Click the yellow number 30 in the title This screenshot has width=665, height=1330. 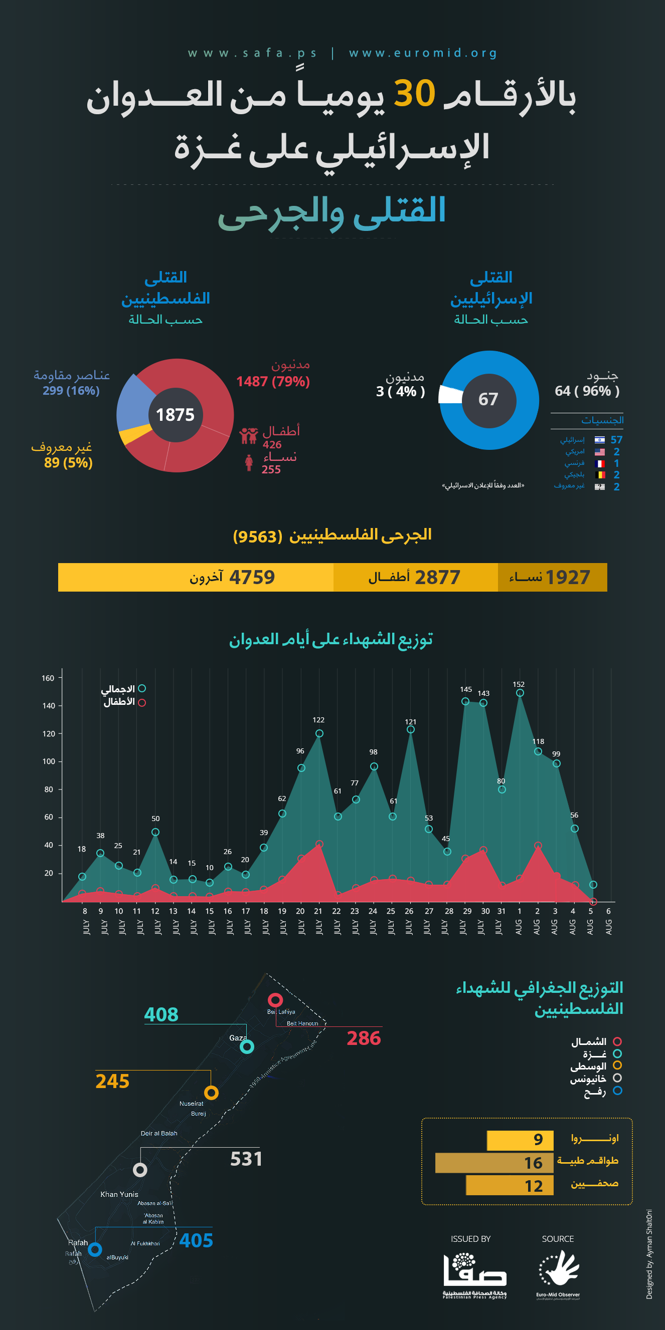414,94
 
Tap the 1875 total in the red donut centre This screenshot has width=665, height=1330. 175,415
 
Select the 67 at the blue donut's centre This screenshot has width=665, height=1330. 488,399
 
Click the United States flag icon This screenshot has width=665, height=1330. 599,452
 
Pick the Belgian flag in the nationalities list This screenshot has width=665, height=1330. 599,475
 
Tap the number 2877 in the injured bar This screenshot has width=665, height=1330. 437,577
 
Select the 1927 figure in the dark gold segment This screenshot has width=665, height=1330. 567,577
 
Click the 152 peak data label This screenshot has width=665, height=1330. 518,684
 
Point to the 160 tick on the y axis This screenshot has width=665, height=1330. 48,678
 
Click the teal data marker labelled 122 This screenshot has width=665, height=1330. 319,733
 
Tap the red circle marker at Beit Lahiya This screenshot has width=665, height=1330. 275,999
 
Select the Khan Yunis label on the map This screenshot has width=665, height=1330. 119,1194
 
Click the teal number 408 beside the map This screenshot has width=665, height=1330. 161,1014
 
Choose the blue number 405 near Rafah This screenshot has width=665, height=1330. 196,1240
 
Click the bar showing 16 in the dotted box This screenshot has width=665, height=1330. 494,1163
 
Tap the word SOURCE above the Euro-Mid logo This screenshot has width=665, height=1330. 558,1239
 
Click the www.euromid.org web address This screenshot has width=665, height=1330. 423,53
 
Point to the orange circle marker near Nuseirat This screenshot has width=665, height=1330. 211,1093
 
